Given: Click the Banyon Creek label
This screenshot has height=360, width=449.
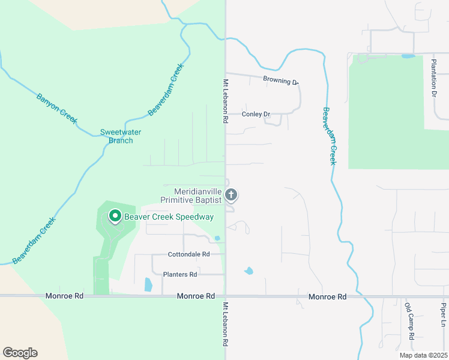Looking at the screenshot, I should tap(57, 108).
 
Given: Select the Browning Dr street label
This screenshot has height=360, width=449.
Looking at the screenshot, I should tap(280, 80).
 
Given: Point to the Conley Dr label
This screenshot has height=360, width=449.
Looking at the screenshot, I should tap(256, 114).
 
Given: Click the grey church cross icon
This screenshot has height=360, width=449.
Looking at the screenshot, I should tap(232, 195).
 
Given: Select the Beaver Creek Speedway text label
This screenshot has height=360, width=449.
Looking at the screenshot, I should tap(169, 217).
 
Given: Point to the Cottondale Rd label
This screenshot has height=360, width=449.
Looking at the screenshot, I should tap(188, 254).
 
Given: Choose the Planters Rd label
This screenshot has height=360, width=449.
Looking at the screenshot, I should tap(180, 275).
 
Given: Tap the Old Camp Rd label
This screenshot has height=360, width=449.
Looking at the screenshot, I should tap(409, 320).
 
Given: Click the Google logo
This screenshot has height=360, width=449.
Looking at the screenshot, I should tap(20, 353).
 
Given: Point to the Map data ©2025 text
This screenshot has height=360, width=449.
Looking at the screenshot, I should tap(423, 355).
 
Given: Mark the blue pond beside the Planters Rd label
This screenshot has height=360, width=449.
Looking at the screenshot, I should tap(148, 284).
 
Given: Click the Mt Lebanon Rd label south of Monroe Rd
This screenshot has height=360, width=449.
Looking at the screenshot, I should tap(226, 323).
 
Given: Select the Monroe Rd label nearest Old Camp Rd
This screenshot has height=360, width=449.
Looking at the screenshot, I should tap(328, 296).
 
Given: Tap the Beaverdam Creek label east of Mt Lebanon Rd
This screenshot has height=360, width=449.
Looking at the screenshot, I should tap(329, 136).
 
